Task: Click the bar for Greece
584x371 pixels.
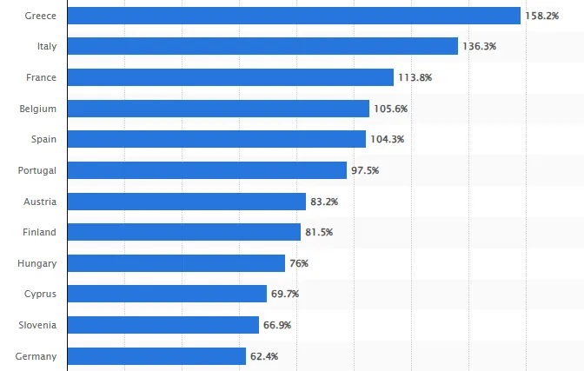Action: click(294, 16)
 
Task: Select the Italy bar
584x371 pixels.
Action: click(262, 46)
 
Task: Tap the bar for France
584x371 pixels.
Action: click(230, 77)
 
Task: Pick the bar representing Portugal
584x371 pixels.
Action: click(207, 170)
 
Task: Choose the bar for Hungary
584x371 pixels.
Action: click(176, 263)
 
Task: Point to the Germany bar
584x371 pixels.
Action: click(156, 356)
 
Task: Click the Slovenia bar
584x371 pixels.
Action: click(163, 325)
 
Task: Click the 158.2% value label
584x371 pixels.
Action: click(541, 16)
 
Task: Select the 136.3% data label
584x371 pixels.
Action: click(479, 47)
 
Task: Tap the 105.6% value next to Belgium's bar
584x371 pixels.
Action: click(390, 109)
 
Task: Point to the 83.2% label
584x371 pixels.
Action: click(323, 202)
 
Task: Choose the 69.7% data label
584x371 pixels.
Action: click(284, 295)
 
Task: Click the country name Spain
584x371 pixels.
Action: click(43, 139)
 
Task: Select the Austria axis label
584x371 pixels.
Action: click(40, 202)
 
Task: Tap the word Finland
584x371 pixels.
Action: click(40, 232)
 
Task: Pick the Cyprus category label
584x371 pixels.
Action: click(40, 295)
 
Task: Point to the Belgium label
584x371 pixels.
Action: click(38, 109)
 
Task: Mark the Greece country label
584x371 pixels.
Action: click(41, 16)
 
